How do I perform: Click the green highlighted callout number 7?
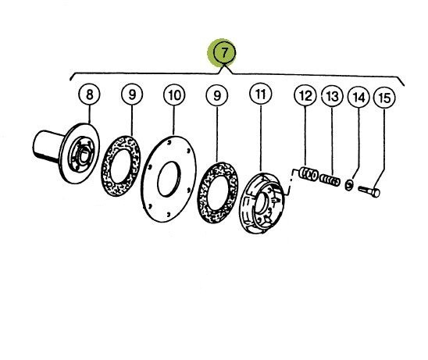click(224, 52)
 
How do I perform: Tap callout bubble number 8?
click(89, 94)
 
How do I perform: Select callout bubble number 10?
click(174, 95)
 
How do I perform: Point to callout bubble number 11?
click(260, 94)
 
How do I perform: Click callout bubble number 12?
click(305, 96)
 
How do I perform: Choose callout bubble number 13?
click(332, 96)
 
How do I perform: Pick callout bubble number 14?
click(358, 98)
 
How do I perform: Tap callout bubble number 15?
click(384, 98)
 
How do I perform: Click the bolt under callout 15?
click(369, 191)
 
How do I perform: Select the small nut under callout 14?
click(348, 185)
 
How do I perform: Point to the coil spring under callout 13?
click(330, 180)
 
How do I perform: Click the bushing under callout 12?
click(309, 174)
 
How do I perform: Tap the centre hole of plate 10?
click(169, 179)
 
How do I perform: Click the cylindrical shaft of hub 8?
click(46, 145)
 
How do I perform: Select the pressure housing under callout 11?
click(262, 203)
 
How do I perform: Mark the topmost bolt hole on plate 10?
click(169, 142)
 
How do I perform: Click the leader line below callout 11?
click(261, 138)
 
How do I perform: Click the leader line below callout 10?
click(174, 121)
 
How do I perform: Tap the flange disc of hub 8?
click(80, 153)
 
